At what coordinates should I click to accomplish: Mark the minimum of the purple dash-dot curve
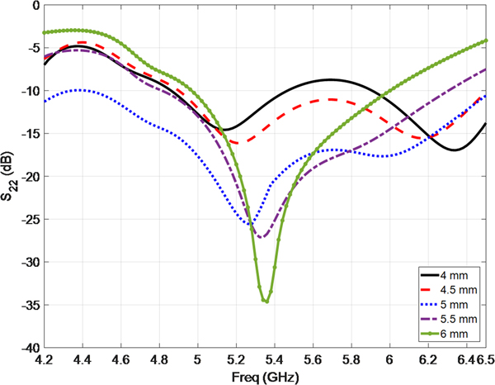262,238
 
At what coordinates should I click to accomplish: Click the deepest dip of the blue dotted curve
250,224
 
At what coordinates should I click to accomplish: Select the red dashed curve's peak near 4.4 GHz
82,42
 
